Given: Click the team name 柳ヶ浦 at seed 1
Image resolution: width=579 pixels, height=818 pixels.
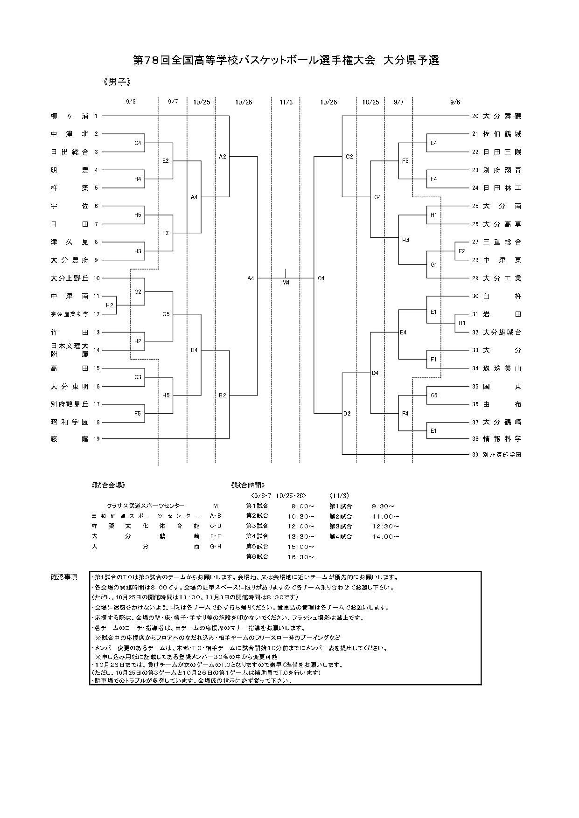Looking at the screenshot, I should pos(70,116).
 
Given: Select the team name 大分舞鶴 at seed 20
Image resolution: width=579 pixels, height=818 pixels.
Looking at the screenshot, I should pos(502,116).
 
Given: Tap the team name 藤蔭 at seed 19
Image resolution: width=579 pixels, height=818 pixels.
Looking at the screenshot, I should pos(70,439).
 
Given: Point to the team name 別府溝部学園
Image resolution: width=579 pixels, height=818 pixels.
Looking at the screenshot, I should pos(502,455).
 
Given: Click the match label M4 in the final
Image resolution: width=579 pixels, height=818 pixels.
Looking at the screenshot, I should pos(286,282).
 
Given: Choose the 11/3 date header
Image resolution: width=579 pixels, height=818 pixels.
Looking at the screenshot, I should pos(286,102).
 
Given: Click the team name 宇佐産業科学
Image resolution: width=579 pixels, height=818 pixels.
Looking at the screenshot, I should pos(70,314).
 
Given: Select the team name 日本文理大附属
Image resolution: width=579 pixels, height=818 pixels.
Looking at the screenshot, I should pos(70,350).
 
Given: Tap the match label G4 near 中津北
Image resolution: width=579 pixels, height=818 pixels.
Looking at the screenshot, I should pos(138,143).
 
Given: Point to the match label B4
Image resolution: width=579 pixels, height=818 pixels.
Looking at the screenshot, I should pos(194,350).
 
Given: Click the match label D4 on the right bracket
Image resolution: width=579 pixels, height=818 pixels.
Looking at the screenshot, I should pos(375,373).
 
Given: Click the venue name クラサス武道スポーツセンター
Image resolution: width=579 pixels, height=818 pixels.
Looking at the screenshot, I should pos(146,506).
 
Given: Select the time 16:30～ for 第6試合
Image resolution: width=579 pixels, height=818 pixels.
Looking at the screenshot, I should pos(300,557).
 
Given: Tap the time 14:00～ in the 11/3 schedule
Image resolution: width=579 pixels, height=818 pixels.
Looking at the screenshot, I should pos(385,537).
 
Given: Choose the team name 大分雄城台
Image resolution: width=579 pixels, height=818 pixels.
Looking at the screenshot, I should pos(502,333).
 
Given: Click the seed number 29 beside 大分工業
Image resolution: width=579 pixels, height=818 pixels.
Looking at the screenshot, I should pos(475,278).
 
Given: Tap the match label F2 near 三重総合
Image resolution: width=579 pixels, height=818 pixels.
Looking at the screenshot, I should pos(462,251).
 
